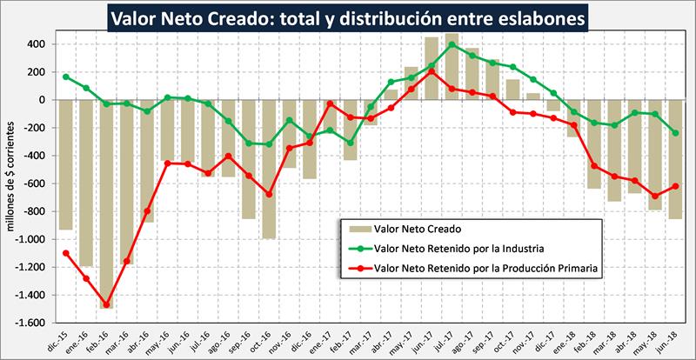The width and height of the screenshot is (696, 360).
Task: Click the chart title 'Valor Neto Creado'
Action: click(348, 17)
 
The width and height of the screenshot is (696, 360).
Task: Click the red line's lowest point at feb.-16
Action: click(107, 304)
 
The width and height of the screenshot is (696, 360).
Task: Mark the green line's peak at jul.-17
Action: click(452, 44)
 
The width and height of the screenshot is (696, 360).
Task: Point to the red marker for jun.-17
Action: click(431, 71)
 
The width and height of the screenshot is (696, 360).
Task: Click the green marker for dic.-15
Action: click(66, 77)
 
